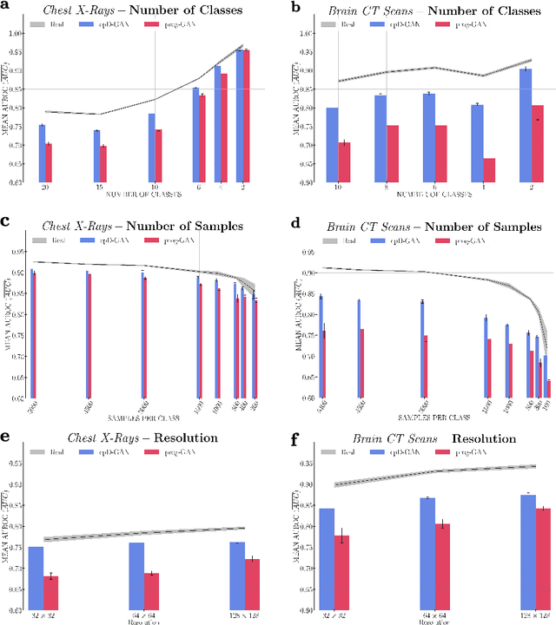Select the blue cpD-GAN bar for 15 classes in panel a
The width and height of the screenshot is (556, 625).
[x=96, y=156]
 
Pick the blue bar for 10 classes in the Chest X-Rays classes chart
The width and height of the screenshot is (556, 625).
[x=151, y=148]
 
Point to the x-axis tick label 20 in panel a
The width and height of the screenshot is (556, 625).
[x=41, y=187]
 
